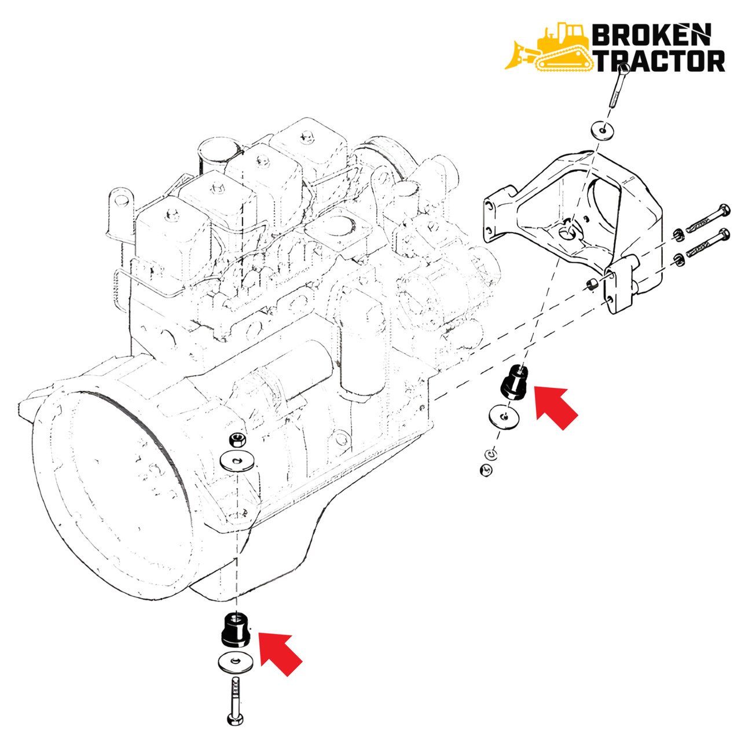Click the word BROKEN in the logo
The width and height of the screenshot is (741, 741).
click(x=650, y=36)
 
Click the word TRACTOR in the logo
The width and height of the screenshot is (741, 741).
click(x=660, y=61)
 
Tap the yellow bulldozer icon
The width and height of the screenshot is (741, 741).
click(x=549, y=49)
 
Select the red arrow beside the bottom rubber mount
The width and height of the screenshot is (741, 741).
click(x=279, y=652)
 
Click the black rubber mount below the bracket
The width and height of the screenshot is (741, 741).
click(x=513, y=383)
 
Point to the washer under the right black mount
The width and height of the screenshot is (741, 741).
click(x=504, y=417)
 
